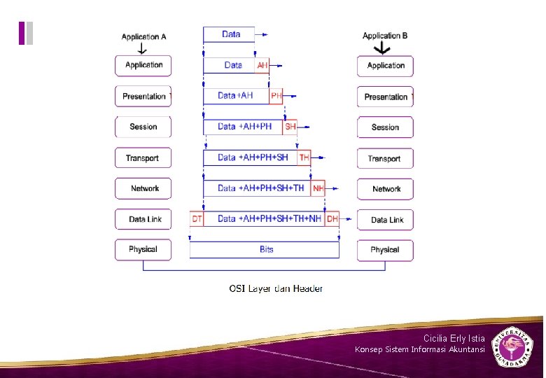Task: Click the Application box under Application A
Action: tap(143, 66)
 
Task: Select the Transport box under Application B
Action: tap(385, 159)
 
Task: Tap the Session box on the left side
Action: tap(143, 127)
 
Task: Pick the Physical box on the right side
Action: tap(385, 250)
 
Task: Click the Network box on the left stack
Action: tap(143, 189)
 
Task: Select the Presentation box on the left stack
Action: tap(143, 97)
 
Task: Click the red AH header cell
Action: tap(262, 65)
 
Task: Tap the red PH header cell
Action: tap(276, 96)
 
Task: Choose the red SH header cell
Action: tap(290, 127)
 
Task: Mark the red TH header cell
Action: tap(304, 158)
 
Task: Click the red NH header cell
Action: tap(318, 188)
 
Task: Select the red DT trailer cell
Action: tap(197, 219)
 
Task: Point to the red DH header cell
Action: tap(332, 219)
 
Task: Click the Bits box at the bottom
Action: tap(265, 250)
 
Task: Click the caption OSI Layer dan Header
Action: tap(276, 288)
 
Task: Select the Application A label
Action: tap(143, 36)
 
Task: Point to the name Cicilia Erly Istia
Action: tap(454, 338)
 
